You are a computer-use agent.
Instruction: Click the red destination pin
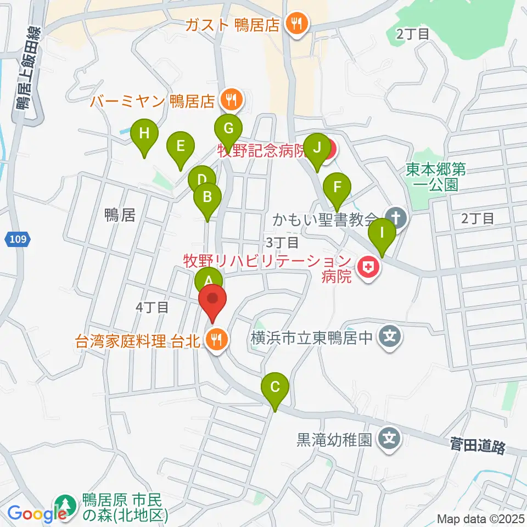(212, 301)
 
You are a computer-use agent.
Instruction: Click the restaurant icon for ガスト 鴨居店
(298, 24)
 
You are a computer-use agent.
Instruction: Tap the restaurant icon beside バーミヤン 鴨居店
(229, 100)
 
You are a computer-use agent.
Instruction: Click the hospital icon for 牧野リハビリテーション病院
(368, 268)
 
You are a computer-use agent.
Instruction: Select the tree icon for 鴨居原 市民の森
(66, 506)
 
